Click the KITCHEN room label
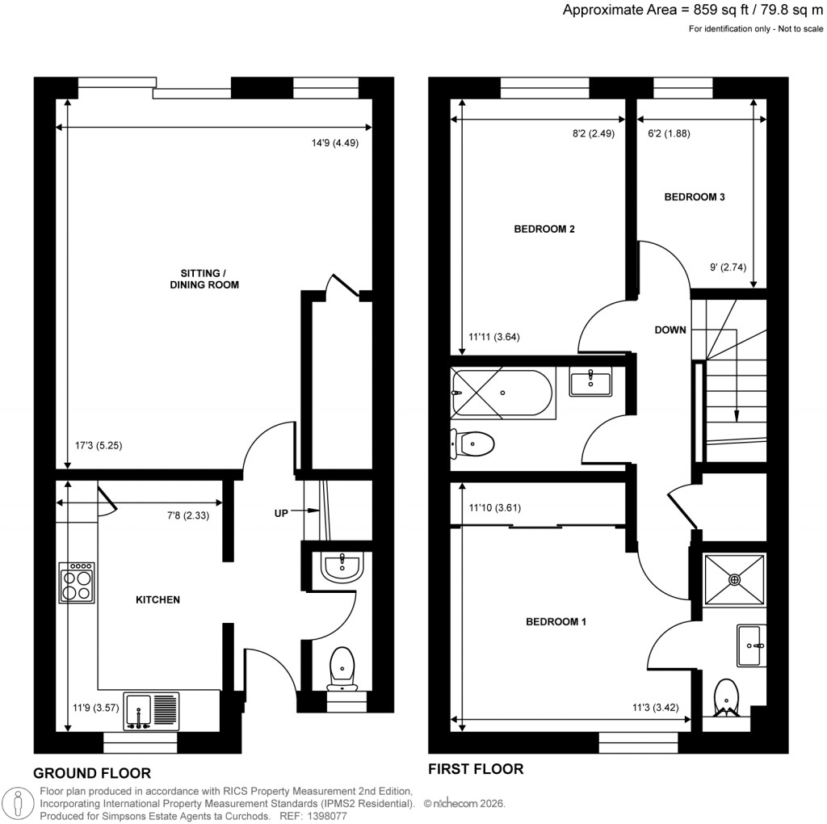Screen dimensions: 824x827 pyautogui.click(x=157, y=600)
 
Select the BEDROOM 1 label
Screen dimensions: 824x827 pyautogui.click(x=556, y=622)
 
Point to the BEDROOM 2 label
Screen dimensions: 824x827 pyautogui.click(x=544, y=229)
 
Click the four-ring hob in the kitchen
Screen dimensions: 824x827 pyautogui.click(x=77, y=582)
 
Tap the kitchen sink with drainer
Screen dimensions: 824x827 pyautogui.click(x=151, y=711)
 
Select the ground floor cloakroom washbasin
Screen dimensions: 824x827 pyautogui.click(x=342, y=567)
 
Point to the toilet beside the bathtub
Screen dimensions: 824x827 pyautogui.click(x=473, y=444)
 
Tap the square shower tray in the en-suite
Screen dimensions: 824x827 pyautogui.click(x=734, y=578)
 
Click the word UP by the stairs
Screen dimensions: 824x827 pyautogui.click(x=282, y=511)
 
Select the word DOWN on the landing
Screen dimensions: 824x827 pyautogui.click(x=670, y=330)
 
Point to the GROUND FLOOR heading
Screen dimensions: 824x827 pyautogui.click(x=92, y=773)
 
